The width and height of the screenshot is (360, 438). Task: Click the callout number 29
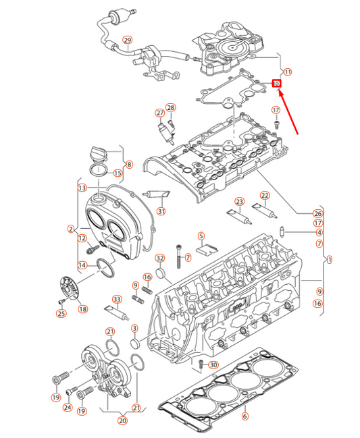point(126,40)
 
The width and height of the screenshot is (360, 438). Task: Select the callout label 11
point(288,72)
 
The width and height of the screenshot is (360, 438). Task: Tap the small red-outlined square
point(276,84)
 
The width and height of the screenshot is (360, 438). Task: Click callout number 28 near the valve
point(170,107)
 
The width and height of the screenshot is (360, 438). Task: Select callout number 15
point(118,173)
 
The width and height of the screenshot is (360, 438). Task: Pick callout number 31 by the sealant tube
point(161,211)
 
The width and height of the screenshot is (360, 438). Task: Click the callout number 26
point(318,214)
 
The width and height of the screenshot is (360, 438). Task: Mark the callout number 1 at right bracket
point(329,259)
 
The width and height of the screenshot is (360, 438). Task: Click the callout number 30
point(214,365)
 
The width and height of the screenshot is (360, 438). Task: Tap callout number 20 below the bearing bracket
point(122,421)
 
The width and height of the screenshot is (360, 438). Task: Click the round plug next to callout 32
point(161,273)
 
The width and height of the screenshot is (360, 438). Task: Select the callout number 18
point(82,309)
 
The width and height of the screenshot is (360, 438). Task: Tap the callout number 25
point(61,312)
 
